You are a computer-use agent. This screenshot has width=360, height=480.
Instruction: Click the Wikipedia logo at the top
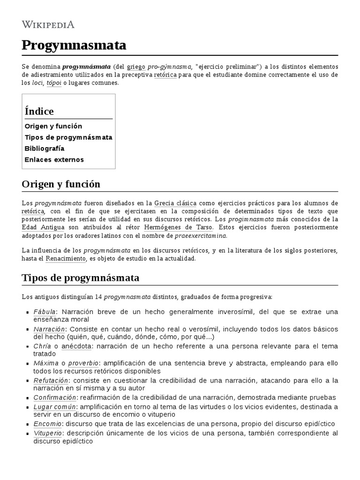tap(48, 24)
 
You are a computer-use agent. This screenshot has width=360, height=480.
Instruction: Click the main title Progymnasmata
tap(74, 45)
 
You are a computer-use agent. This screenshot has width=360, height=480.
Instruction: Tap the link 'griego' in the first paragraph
tap(136, 67)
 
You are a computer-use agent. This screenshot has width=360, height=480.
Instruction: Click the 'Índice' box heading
tap(39, 111)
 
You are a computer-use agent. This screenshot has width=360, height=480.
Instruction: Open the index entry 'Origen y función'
tap(53, 126)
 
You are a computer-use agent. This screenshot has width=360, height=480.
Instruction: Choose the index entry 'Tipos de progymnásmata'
tap(68, 137)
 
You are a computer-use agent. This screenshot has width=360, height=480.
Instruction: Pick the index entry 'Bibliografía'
tap(44, 148)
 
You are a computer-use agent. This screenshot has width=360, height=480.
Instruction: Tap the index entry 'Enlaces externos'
tap(54, 159)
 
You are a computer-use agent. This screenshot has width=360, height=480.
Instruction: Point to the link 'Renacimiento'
tap(66, 258)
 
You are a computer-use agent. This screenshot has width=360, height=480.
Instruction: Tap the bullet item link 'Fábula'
tap(45, 312)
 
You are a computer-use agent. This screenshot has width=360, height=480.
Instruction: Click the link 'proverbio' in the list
tap(83, 363)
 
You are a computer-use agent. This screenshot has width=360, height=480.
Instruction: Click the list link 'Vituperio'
tap(47, 433)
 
